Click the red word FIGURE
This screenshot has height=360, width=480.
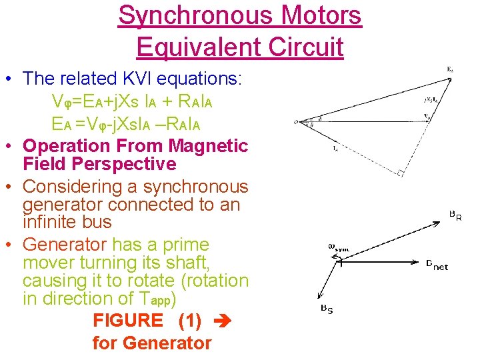(x=127, y=321)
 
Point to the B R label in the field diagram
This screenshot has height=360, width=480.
(x=455, y=216)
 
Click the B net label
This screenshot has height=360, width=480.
(x=437, y=265)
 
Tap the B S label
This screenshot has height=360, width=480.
(x=327, y=309)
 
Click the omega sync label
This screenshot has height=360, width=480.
(x=338, y=247)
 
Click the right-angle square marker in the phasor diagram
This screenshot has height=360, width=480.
(x=400, y=173)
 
